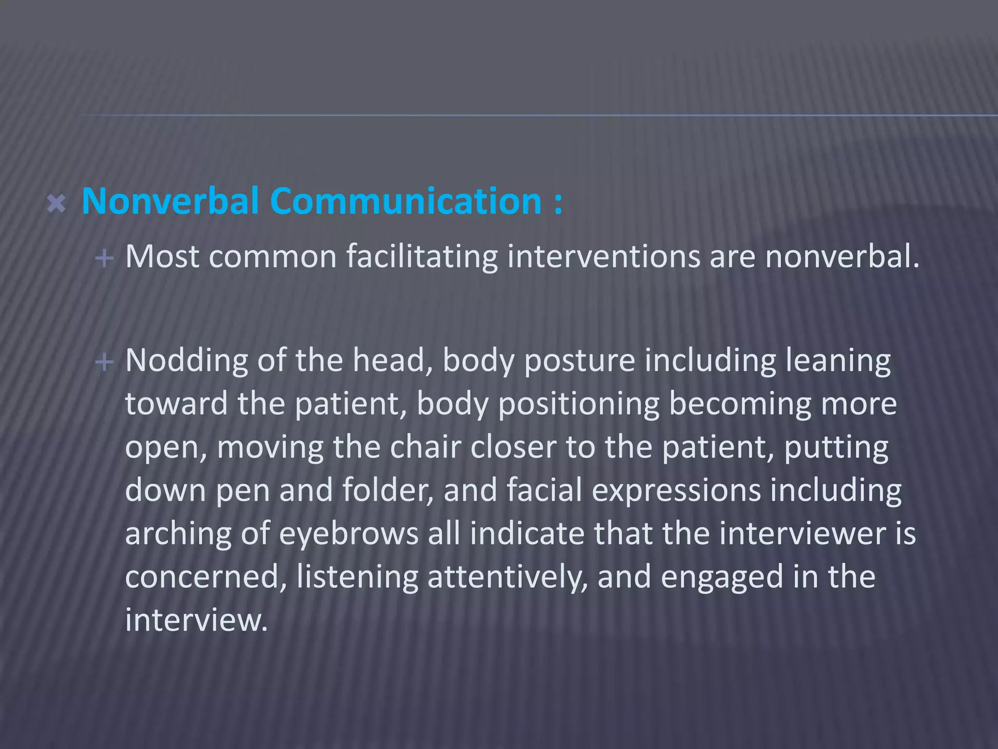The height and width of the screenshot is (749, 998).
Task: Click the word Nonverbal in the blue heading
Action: coord(170,201)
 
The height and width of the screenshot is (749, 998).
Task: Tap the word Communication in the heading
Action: coord(406,201)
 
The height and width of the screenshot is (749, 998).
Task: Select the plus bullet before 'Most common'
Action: coord(104,257)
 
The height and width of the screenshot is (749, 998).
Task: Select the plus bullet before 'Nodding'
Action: coord(104,362)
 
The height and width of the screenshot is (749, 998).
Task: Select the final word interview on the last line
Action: coord(196,620)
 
